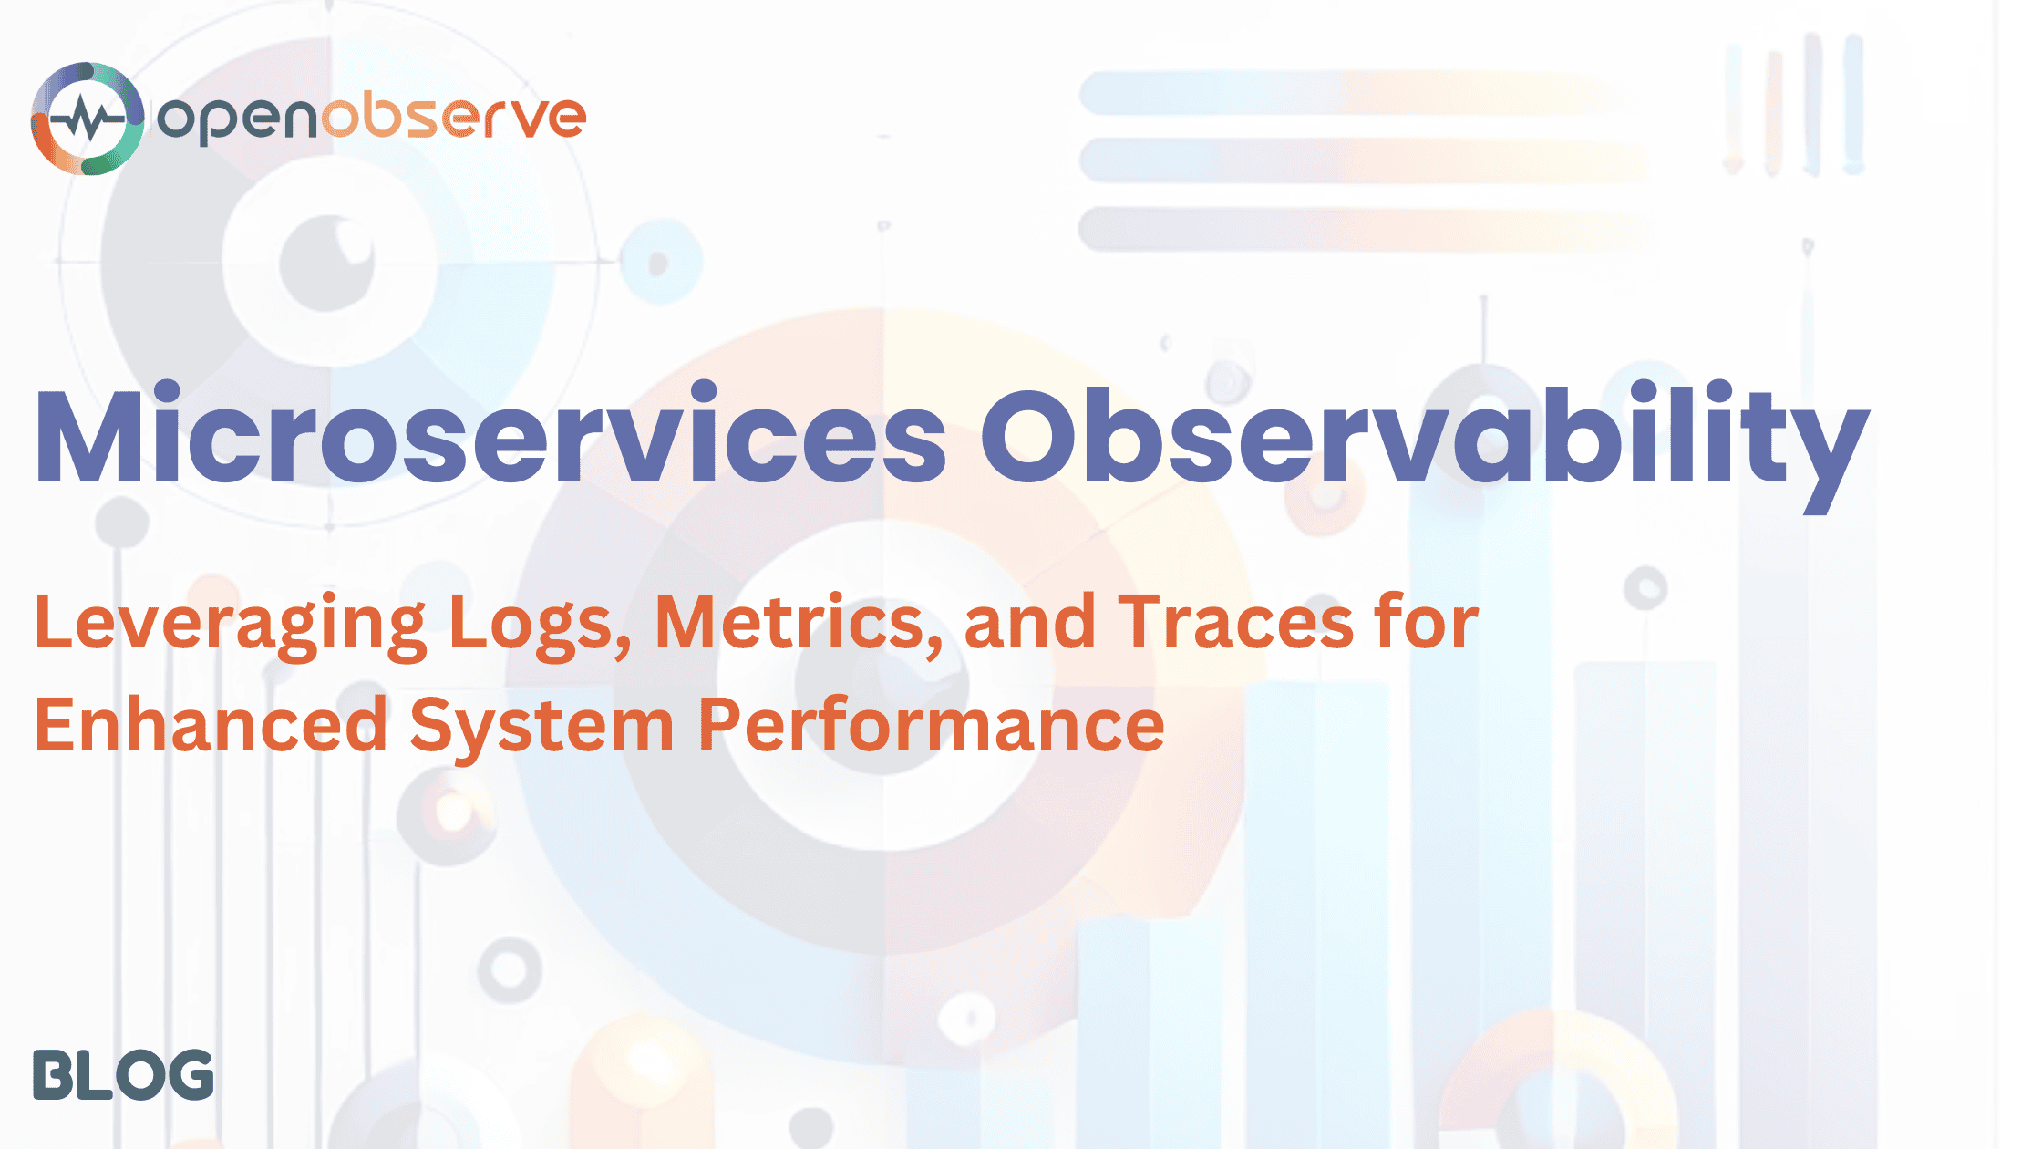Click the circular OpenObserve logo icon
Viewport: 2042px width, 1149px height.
pos(88,119)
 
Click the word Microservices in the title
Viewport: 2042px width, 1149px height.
pos(490,436)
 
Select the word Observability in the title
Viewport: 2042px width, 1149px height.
pos(1424,436)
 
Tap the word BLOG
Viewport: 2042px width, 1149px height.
pos(123,1075)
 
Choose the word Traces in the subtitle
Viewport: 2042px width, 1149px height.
pos(1235,623)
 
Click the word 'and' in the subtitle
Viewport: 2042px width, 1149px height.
pos(1029,623)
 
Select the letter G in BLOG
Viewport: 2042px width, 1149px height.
pos(187,1075)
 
